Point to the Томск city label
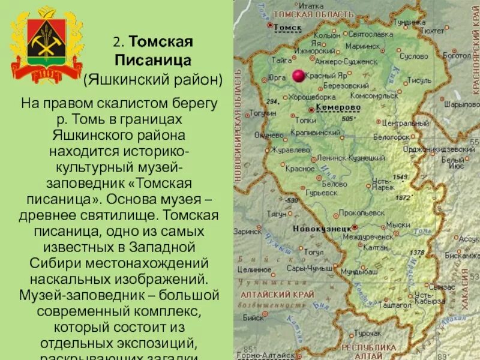tap(287, 27)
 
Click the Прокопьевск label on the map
tap(362, 212)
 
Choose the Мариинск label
tap(363, 45)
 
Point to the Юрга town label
tap(277, 78)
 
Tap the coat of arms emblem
tap(46, 46)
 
